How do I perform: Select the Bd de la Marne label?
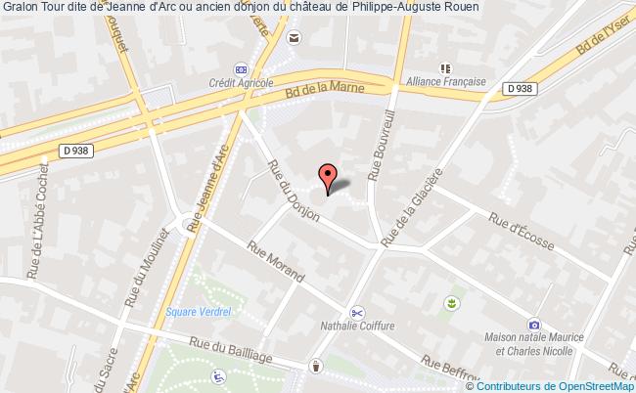click(x=322, y=93)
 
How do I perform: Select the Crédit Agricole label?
click(x=241, y=85)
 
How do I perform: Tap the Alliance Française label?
click(x=446, y=84)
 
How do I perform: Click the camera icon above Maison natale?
click(x=533, y=324)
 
